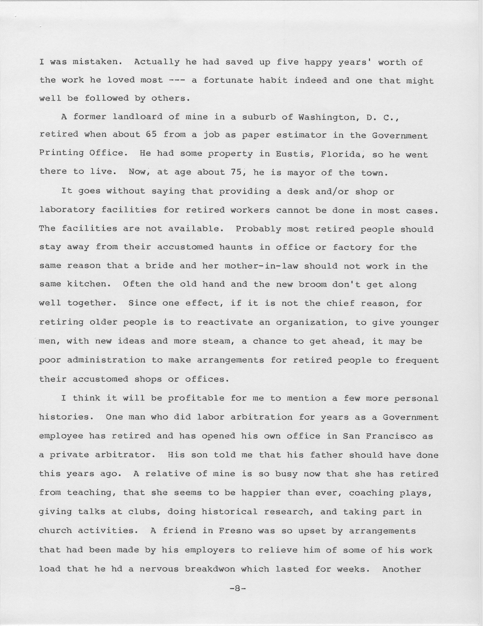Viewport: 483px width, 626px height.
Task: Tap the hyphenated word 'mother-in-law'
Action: coord(261,266)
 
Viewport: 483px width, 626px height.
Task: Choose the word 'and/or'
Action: coord(332,191)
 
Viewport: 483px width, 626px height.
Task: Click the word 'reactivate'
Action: coord(225,322)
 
